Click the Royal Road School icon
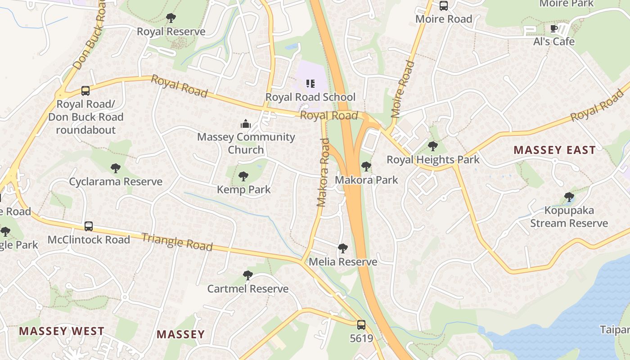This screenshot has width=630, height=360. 310,84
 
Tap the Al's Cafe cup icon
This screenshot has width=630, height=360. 554,29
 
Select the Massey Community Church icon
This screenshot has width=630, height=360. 246,123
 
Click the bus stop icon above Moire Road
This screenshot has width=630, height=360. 444,6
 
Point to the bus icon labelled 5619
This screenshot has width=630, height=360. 361,325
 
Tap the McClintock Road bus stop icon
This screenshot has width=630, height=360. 89,226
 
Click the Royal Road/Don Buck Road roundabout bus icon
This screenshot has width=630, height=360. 85,91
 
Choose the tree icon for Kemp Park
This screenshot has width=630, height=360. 243,176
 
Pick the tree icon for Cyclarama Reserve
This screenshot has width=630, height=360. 116,169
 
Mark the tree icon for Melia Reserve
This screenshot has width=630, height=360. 343,248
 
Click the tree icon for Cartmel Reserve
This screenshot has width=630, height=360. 247,275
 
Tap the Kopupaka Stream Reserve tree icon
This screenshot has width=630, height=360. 569,197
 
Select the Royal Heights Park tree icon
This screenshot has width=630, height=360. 433,146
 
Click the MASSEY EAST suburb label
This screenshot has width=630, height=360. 554,150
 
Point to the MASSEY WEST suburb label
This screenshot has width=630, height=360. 62,331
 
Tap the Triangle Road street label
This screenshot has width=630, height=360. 177,242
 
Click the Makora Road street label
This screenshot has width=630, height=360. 323,173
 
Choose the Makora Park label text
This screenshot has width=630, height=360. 366,180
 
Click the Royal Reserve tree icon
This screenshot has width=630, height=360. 171,18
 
